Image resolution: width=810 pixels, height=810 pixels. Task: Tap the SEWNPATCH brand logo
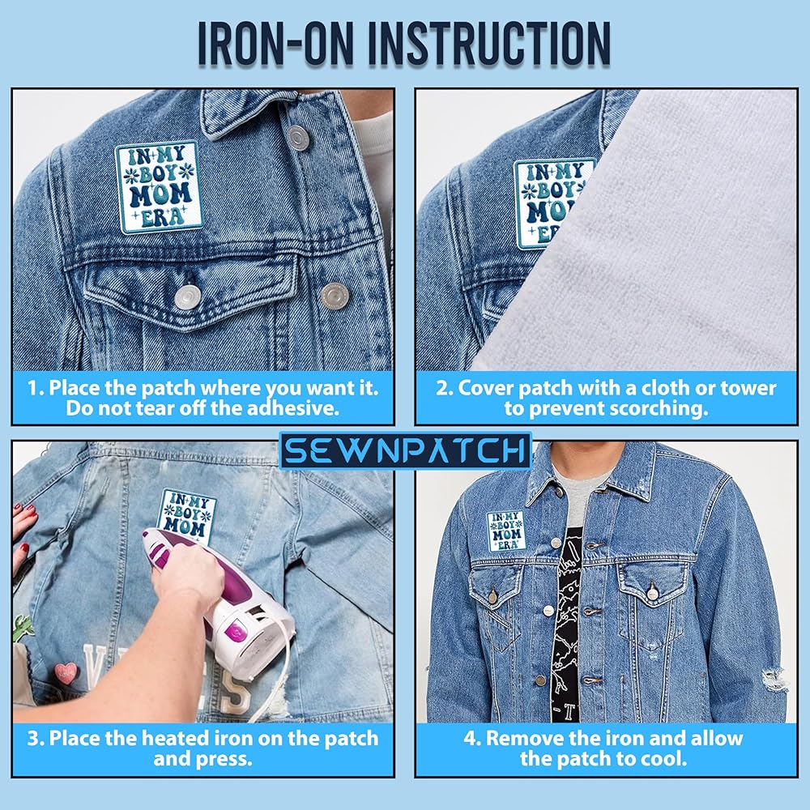point(406,450)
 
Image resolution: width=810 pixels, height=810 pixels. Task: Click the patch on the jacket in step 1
point(157,187)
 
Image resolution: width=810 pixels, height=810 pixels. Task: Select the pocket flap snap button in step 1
point(186,297)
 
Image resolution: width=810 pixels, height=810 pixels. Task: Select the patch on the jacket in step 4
point(506,531)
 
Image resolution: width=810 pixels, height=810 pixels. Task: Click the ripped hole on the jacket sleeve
point(775,680)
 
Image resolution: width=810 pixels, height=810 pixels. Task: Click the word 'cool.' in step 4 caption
point(663,758)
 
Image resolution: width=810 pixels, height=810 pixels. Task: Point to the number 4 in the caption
point(469,738)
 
